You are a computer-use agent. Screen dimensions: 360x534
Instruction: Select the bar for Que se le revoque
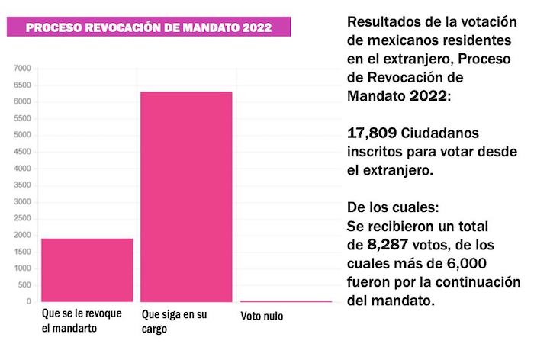tap(87, 270)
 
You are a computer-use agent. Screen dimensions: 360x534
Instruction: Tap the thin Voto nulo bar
tap(286, 301)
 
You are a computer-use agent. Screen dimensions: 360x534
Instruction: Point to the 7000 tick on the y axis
tap(23, 69)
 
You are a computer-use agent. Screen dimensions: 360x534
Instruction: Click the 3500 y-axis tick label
tap(23, 185)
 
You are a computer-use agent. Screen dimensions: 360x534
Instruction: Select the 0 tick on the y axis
tap(28, 302)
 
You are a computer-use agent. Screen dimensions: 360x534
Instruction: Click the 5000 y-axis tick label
tap(23, 135)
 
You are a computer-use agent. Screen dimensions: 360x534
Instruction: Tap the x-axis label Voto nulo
tap(262, 316)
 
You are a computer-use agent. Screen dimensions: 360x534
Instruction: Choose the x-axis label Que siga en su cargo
tap(175, 321)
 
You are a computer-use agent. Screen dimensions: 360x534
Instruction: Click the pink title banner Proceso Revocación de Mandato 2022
tap(148, 27)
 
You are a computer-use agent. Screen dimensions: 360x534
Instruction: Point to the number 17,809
tap(372, 134)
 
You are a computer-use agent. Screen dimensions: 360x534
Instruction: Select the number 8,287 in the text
tap(389, 245)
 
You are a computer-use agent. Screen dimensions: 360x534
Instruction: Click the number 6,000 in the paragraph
tap(496, 264)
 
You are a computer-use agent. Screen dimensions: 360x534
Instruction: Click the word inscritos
tap(376, 153)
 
